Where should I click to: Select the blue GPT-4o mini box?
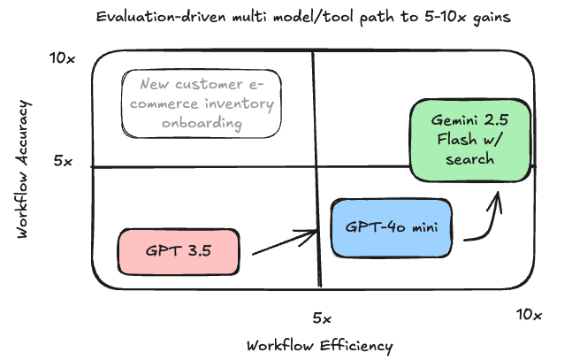pyautogui.click(x=392, y=227)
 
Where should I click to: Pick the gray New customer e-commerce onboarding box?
pyautogui.click(x=200, y=103)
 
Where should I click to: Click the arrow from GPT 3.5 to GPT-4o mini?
pyautogui.click(x=285, y=243)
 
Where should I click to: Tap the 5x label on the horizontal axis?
pyautogui.click(x=322, y=317)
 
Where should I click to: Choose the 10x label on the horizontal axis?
pyautogui.click(x=529, y=314)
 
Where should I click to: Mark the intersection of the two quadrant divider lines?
pyautogui.click(x=316, y=166)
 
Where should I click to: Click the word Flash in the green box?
pyautogui.click(x=451, y=139)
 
